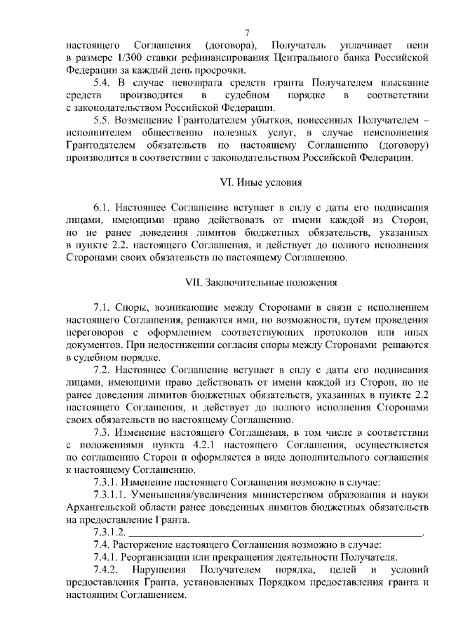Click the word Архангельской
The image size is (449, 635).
(102, 507)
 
